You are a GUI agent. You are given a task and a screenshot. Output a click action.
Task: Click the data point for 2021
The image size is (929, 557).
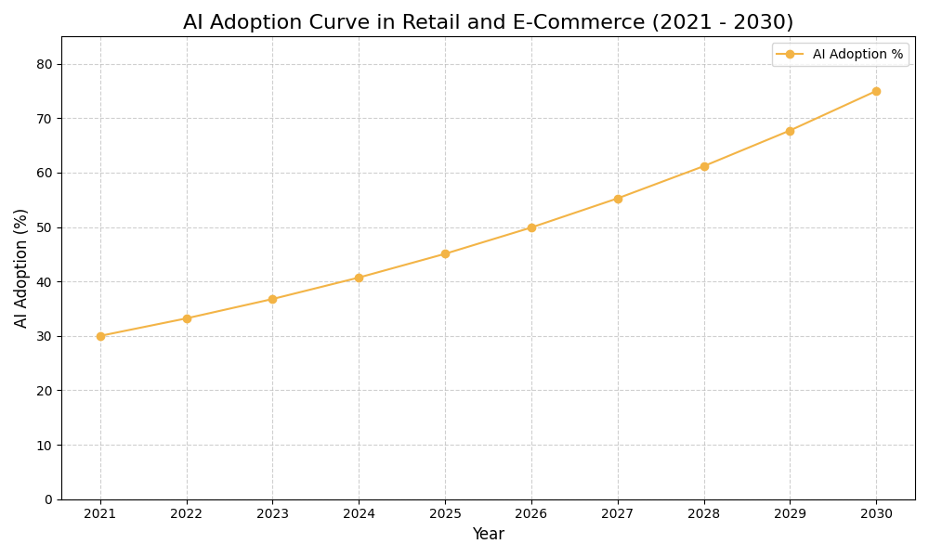[100, 336]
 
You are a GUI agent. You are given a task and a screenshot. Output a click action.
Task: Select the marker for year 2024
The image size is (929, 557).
[359, 278]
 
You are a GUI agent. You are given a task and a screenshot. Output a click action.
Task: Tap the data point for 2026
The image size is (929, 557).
[531, 227]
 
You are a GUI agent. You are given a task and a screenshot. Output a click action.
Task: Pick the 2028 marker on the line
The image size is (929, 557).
[704, 166]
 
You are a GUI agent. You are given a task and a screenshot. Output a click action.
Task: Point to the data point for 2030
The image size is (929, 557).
[876, 91]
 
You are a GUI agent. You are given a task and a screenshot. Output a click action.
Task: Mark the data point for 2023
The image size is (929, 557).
[272, 299]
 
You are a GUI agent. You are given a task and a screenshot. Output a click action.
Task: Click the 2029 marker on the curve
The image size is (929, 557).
[790, 131]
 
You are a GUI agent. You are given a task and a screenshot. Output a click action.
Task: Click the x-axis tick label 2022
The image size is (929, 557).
[187, 514]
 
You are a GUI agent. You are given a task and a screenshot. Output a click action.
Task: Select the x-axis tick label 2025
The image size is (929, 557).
[445, 514]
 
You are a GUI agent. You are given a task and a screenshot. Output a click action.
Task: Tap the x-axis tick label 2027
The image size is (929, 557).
[618, 514]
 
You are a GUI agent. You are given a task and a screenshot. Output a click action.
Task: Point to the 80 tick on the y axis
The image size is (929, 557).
[45, 64]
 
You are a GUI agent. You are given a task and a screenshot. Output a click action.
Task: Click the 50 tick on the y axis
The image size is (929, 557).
[45, 227]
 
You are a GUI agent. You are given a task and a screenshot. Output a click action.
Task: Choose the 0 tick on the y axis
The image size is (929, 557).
[48, 499]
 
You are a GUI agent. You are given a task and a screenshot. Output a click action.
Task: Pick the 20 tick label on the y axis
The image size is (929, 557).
[45, 391]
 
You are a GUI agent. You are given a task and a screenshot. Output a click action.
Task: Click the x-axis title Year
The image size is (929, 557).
[488, 535]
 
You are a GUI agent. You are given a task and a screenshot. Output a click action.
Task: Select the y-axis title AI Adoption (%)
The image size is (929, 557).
[21, 267]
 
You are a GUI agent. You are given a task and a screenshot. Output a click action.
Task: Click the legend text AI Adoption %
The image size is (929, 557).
[857, 55]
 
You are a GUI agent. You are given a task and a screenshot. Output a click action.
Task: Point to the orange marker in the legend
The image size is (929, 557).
[790, 55]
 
